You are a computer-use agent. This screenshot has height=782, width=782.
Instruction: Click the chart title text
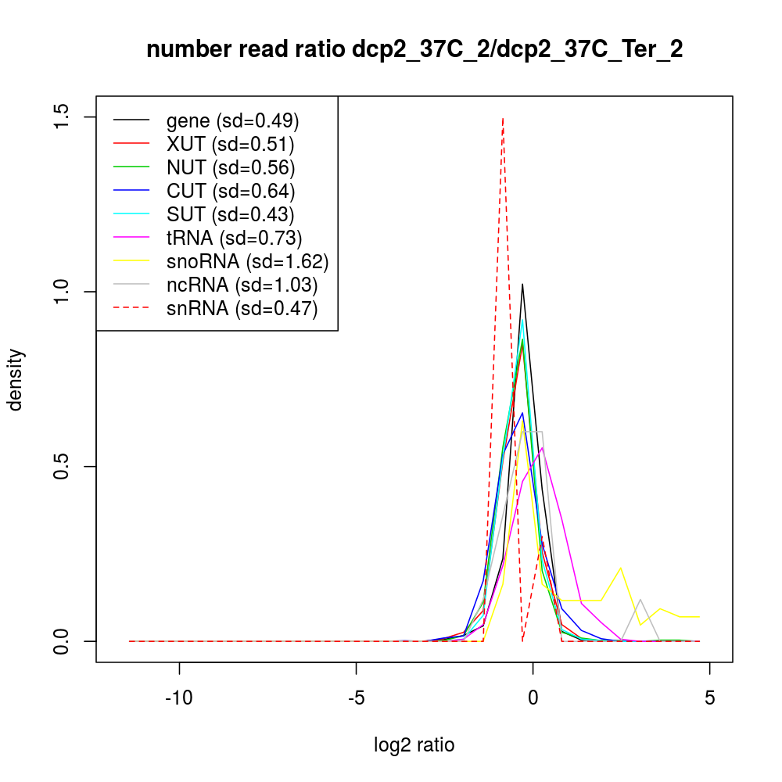[x=414, y=50]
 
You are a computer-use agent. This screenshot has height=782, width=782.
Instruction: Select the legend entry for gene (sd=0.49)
[x=232, y=121]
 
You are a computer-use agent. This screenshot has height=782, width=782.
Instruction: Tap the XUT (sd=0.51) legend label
[x=230, y=145]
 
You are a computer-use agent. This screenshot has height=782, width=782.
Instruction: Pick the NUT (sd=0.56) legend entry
[x=231, y=168]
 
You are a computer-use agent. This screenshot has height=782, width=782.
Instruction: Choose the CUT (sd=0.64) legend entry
[x=231, y=192]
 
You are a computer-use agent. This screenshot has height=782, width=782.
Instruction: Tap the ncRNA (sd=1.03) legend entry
[x=242, y=285]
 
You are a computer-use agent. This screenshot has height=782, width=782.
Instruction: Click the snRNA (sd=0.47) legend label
[x=242, y=309]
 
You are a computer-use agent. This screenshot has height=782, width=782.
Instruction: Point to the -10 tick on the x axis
[x=180, y=697]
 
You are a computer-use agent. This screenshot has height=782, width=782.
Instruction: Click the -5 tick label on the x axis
[x=356, y=697]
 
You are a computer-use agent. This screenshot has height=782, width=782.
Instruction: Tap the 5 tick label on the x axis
[x=709, y=697]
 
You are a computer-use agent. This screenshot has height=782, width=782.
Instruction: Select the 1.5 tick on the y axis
[x=63, y=117]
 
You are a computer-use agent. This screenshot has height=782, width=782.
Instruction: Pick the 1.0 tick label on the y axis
[x=63, y=292]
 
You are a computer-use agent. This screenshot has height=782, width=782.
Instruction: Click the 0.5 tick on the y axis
[x=63, y=467]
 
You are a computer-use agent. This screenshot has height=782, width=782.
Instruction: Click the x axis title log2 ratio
[x=414, y=745]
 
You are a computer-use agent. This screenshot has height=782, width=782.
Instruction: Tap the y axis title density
[x=16, y=379]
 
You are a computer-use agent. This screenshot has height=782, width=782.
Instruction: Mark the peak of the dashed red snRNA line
[x=503, y=118]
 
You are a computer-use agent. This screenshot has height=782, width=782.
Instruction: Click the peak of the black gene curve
[x=522, y=284]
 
